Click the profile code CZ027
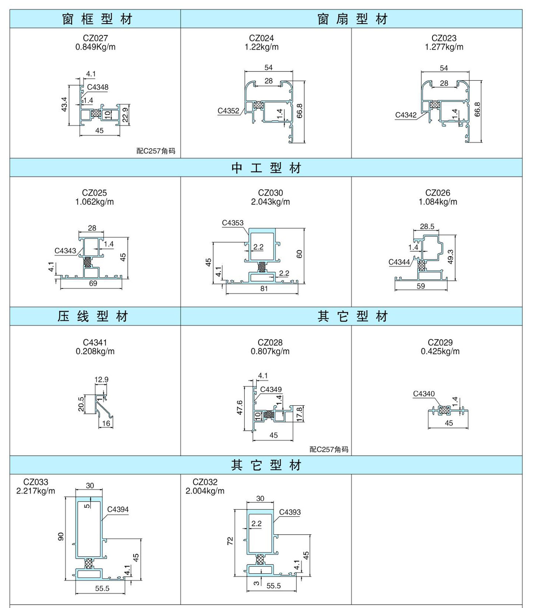pyautogui.click(x=95, y=38)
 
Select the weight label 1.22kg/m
pyautogui.click(x=261, y=47)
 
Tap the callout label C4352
pyautogui.click(x=228, y=111)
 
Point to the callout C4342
pyautogui.click(x=406, y=115)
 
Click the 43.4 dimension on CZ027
pyautogui.click(x=64, y=105)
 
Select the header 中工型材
pyautogui.click(x=266, y=168)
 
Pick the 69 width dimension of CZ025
pyautogui.click(x=93, y=283)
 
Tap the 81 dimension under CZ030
pyautogui.click(x=264, y=289)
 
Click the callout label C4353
pyautogui.click(x=233, y=223)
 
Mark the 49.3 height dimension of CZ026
pyautogui.click(x=450, y=257)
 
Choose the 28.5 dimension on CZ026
pyautogui.click(x=427, y=226)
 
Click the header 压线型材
pyautogui.click(x=93, y=316)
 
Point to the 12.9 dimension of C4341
pyautogui.click(x=101, y=379)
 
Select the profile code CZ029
pyautogui.click(x=440, y=342)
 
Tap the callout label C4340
pyautogui.click(x=424, y=394)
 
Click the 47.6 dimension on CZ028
pyautogui.click(x=239, y=408)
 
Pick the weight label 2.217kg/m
pyautogui.click(x=36, y=491)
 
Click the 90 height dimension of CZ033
pyautogui.click(x=61, y=537)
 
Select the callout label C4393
pyautogui.click(x=290, y=512)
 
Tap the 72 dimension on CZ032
pyautogui.click(x=230, y=541)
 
